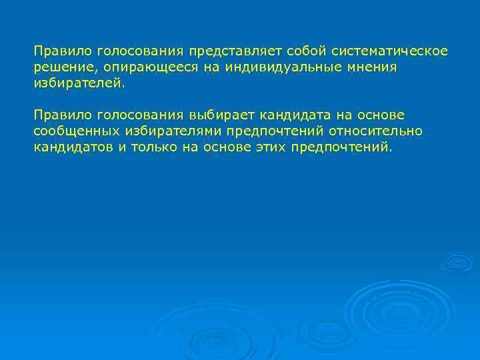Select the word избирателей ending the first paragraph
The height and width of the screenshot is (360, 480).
(x=77, y=84)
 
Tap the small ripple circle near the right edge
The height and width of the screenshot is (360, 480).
(x=458, y=261)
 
